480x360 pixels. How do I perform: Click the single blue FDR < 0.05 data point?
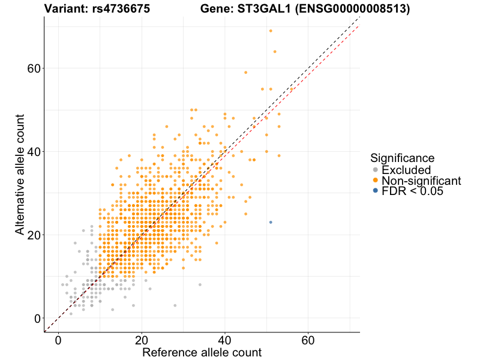271,222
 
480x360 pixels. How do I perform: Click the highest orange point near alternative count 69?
271,31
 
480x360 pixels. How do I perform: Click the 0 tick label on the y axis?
39,318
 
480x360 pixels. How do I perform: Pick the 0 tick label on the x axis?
58,340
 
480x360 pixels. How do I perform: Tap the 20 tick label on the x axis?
142,340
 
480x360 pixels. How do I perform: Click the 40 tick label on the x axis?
225,340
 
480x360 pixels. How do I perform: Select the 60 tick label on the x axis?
308,340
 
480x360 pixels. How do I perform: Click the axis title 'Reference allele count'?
202,352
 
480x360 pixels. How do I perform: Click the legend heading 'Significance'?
402,158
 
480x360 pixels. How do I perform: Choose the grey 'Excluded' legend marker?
376,170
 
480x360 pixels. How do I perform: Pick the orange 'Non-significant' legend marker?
376,180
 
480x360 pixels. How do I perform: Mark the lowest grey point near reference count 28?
175,305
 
